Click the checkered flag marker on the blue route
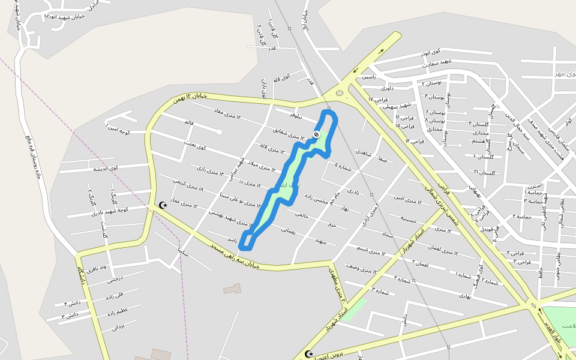pyautogui.click(x=316, y=135)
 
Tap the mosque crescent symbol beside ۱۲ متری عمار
pyautogui.click(x=163, y=205)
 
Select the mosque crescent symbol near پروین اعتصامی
pyautogui.click(x=309, y=354)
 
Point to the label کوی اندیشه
pyautogui.click(x=105, y=169)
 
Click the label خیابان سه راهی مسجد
pyautogui.click(x=235, y=256)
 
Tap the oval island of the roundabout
pyautogui.click(x=340, y=92)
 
